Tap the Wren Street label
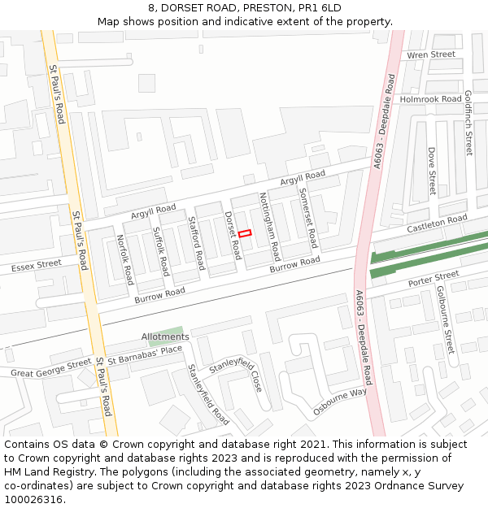coord(431,54)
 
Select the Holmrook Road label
coord(430,99)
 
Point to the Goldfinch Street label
coord(468,123)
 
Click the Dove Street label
coord(432,172)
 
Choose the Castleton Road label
coord(438,221)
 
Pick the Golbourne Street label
coord(446,319)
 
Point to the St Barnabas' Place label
coord(145,354)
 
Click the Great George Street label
coord(51,368)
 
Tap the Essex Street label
coord(37,265)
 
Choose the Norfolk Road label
coord(124,259)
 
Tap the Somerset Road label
coord(307,218)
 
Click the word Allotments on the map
coord(165,336)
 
